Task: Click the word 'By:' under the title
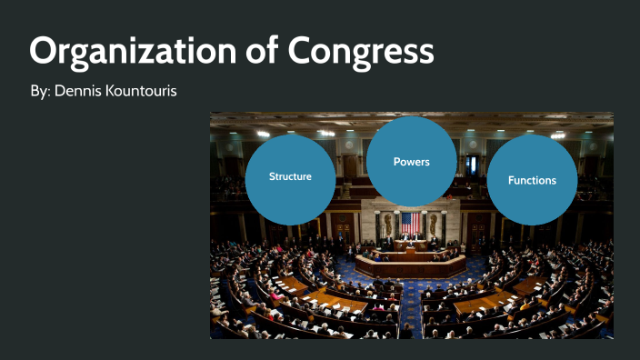[x=40, y=94]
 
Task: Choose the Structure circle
[x=290, y=177]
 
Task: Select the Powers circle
[x=411, y=162]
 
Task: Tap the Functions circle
[x=532, y=180]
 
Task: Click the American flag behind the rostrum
[x=411, y=224]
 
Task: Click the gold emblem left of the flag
[x=388, y=224]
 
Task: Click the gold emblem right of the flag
[x=433, y=224]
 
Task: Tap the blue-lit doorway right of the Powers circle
[x=472, y=164]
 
